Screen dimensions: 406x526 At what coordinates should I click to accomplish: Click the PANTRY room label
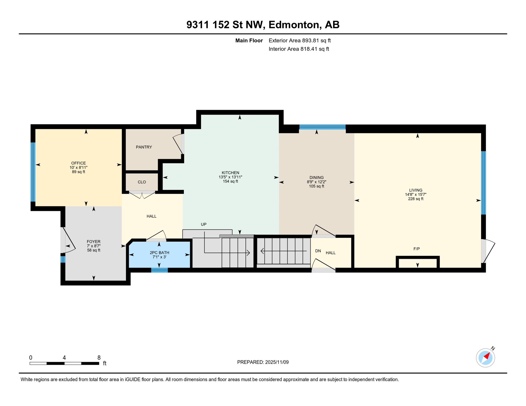coord(144,147)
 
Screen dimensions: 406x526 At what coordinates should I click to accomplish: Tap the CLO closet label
coord(142,182)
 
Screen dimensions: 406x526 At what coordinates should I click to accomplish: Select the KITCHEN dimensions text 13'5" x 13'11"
coord(230,177)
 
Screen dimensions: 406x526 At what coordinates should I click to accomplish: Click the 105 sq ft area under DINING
coord(316,186)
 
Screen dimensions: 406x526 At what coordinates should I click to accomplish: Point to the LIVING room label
coord(415,190)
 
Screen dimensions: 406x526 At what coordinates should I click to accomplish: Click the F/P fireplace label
coord(416,249)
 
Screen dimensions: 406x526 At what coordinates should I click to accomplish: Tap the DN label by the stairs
coord(318,251)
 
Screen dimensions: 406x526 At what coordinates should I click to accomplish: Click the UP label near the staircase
coord(203,224)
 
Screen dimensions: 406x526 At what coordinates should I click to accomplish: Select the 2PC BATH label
coord(159,252)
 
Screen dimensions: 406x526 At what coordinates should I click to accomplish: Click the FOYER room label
coord(93,241)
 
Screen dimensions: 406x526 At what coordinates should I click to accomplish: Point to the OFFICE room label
coord(78,163)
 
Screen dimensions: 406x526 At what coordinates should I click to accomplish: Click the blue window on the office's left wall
coord(33,172)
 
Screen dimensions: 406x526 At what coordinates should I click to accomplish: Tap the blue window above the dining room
coord(322,127)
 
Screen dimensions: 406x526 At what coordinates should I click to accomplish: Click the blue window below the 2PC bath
coord(159,270)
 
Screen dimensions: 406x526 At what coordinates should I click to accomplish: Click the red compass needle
coord(487,356)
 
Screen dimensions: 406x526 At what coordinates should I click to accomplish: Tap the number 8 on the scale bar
coord(99,358)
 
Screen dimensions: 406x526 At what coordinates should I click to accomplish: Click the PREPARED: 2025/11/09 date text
coord(263,362)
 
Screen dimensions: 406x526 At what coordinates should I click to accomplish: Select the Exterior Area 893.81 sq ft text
coord(300,40)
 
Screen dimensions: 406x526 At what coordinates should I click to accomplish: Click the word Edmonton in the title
coord(295,25)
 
